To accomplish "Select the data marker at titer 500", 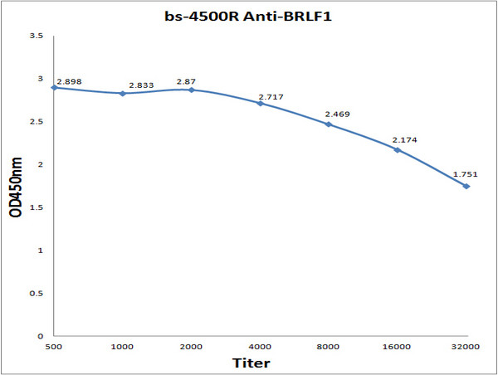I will click(54, 87).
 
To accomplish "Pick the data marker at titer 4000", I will click(260, 103).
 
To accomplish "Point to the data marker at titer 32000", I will click(466, 186).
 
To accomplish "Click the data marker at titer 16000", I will click(398, 149).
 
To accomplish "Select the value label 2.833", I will click(142, 86).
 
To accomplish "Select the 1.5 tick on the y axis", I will click(37, 207).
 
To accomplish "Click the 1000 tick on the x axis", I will click(122, 347).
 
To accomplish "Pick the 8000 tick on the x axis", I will click(329, 347).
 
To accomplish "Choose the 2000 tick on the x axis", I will click(191, 347).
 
